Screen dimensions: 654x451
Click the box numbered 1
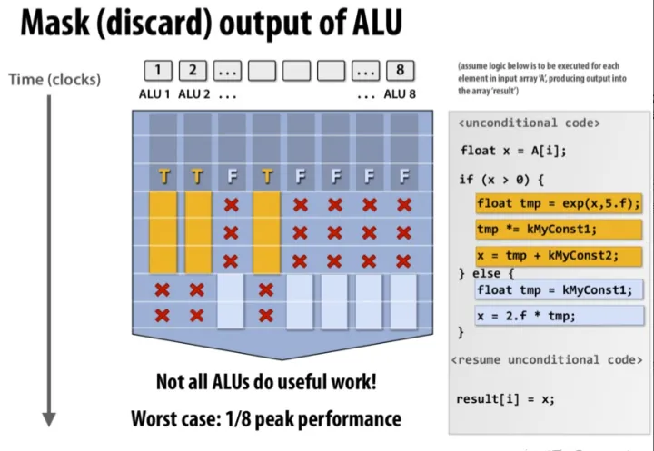point(158,71)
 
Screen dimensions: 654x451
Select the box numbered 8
point(401,71)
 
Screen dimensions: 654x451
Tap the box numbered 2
point(193,71)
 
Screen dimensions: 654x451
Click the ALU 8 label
point(400,94)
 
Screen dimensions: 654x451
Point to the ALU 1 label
point(154,94)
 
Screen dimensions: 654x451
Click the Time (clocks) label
point(54,79)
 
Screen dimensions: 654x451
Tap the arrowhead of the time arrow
point(49,419)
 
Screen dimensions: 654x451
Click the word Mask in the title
point(54,22)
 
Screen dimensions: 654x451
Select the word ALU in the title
point(377,22)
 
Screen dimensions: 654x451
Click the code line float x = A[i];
point(513,151)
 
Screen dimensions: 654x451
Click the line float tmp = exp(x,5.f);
point(559,204)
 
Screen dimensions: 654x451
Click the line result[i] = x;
point(506,399)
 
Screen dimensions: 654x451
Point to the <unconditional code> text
point(529,123)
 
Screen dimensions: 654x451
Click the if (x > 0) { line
point(501,180)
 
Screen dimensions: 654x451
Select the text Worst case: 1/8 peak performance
point(266,419)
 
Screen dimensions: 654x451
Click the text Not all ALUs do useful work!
point(266,381)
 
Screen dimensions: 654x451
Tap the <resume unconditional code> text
point(547,359)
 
